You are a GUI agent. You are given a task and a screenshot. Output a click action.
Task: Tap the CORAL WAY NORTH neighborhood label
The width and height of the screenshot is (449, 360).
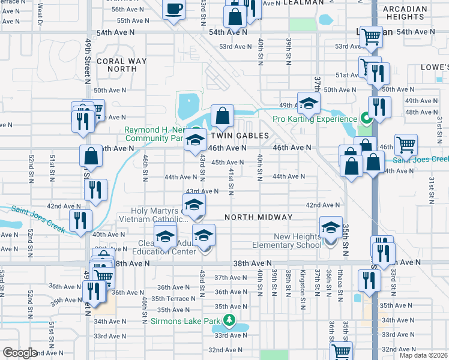pos(122,65)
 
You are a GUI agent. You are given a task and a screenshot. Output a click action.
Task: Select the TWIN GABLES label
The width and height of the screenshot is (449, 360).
pos(239,136)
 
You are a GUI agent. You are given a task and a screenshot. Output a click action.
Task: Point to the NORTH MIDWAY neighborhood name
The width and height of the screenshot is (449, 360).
pos(258,217)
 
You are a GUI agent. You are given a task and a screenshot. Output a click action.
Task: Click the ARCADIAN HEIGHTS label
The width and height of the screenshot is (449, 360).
pos(405,13)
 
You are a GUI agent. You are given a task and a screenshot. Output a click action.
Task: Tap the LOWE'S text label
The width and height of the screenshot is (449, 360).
pos(435,67)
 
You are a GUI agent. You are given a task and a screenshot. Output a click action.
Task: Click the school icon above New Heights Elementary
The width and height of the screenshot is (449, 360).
pos(330,229)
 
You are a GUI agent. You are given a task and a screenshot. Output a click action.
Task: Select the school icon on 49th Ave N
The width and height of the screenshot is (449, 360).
pos(309,103)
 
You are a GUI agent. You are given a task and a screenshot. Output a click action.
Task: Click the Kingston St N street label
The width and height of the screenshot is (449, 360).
pos(303,282)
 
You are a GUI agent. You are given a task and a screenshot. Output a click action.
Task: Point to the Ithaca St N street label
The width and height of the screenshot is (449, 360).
pos(340,281)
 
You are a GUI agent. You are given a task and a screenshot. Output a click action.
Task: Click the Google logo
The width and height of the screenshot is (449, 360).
pos(20,353)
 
